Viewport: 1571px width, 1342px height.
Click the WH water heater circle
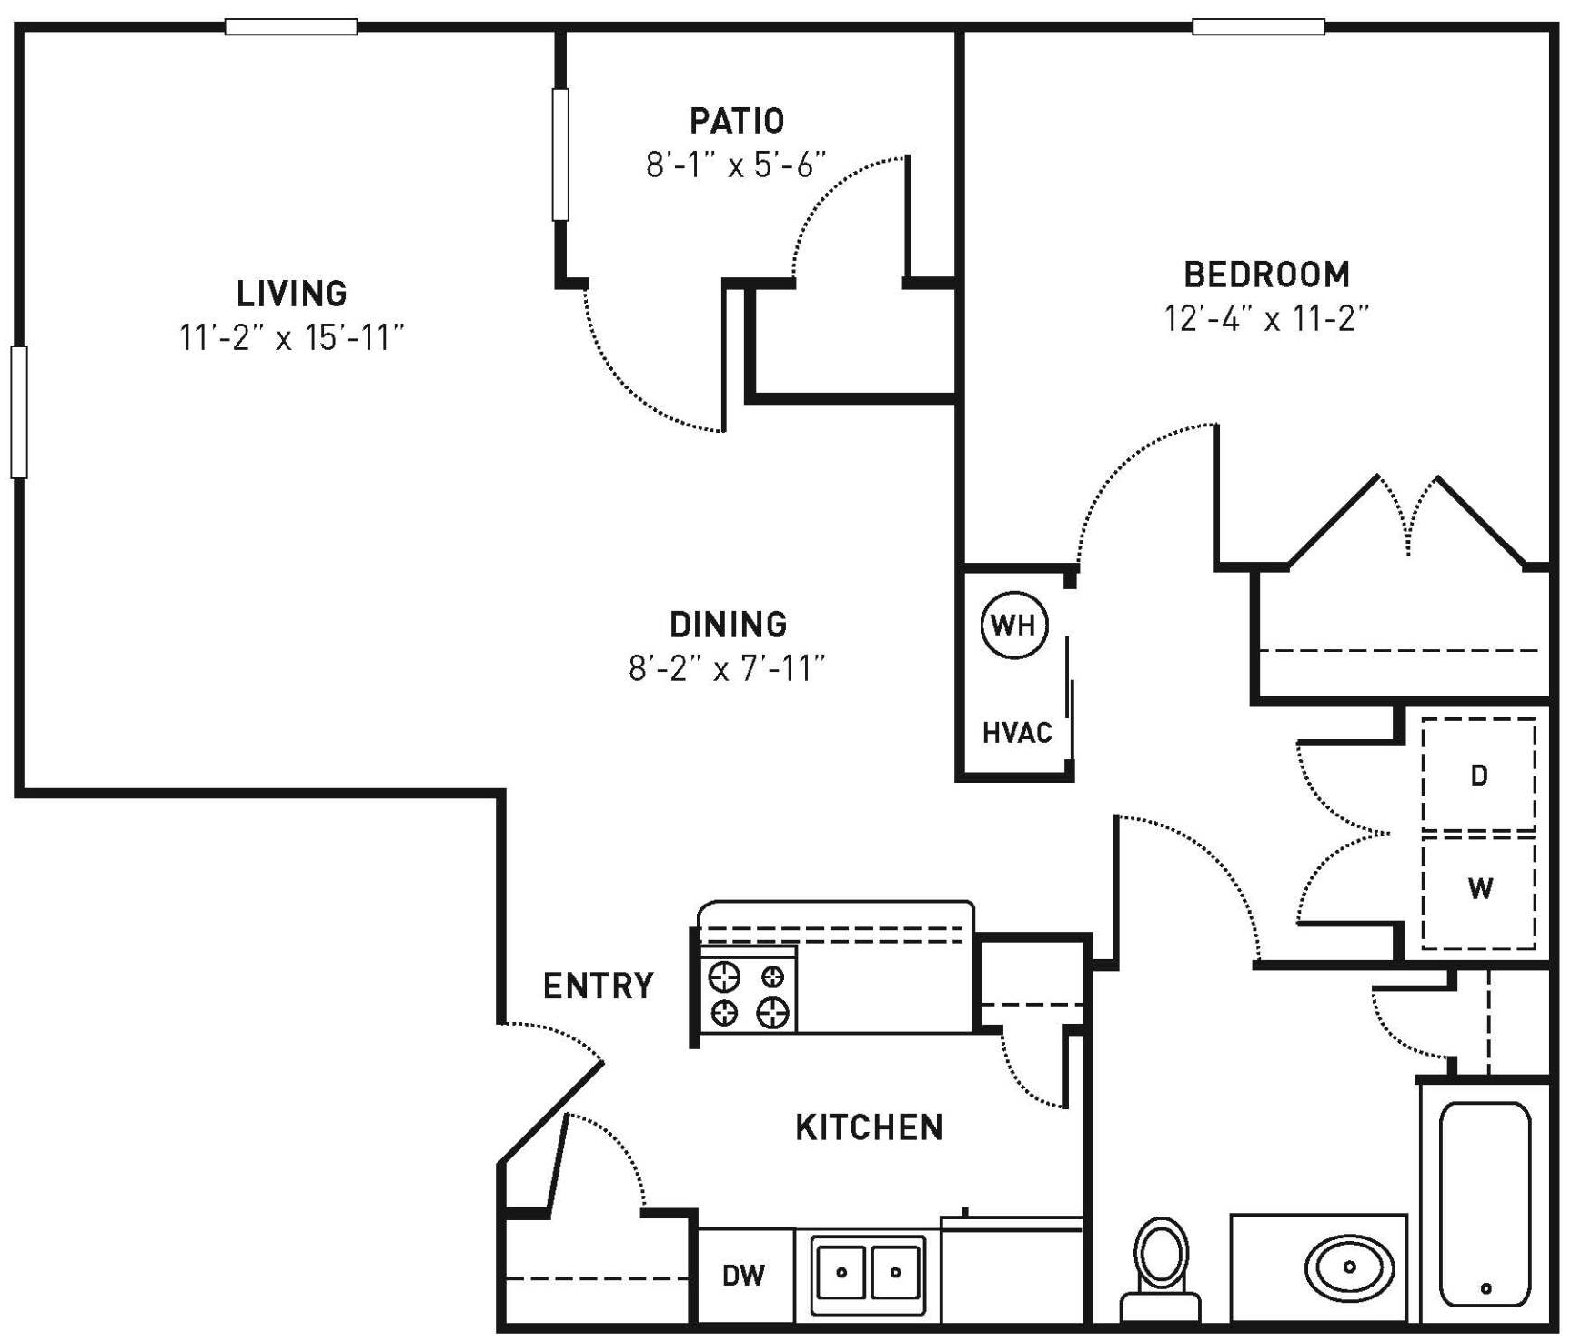1014,625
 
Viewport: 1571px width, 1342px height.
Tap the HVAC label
1017,733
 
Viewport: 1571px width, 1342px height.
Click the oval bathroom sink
1349,1267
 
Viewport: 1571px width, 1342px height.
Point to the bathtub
1485,1204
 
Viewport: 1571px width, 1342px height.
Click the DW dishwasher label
743,1276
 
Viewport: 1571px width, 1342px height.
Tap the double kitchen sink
868,1273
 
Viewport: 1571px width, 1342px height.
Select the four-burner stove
748,993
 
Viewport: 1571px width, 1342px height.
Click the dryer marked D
1479,775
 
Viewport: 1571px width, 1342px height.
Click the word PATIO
737,120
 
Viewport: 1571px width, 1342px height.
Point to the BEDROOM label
1266,274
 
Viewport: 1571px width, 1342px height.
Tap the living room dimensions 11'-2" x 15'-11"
292,338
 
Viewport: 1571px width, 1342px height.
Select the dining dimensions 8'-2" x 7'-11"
727,669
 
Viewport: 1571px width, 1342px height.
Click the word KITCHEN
869,1127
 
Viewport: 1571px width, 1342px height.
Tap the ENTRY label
599,986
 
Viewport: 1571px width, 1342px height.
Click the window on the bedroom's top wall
1258,27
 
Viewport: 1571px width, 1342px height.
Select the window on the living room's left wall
19,411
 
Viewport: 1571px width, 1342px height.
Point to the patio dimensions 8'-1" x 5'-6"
737,165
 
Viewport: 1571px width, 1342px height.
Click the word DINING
728,625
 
